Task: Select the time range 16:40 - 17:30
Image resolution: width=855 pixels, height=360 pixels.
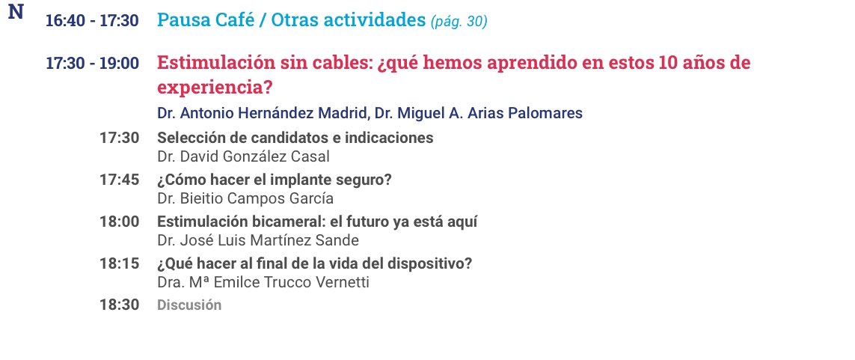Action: tap(92, 21)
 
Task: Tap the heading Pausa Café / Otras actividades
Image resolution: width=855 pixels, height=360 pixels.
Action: tap(291, 20)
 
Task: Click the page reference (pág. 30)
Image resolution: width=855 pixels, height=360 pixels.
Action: tap(459, 22)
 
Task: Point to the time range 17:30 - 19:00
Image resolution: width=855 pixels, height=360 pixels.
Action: tap(92, 64)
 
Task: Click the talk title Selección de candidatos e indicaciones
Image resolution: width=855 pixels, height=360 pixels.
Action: tap(295, 138)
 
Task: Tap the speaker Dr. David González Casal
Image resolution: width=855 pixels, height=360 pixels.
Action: tap(245, 156)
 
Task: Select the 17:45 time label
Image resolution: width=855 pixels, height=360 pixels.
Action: tap(119, 180)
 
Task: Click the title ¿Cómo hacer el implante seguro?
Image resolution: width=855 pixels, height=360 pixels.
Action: tap(275, 180)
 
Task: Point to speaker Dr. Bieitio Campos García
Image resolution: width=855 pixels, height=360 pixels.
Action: tap(245, 198)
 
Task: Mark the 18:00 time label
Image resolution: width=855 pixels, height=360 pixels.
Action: tap(119, 222)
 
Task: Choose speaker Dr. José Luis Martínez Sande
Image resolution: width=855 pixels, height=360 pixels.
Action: tap(258, 240)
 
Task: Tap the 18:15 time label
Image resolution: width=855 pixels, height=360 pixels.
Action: tap(119, 264)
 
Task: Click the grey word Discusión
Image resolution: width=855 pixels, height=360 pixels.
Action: tap(189, 305)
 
